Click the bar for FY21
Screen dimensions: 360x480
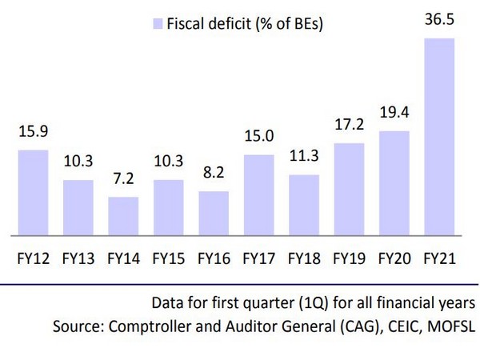click(x=438, y=138)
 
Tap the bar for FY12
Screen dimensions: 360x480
click(x=33, y=193)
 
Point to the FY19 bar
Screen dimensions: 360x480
click(x=348, y=190)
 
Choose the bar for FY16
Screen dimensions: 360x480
click(x=213, y=214)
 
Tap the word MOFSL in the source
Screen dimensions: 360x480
click(x=456, y=326)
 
